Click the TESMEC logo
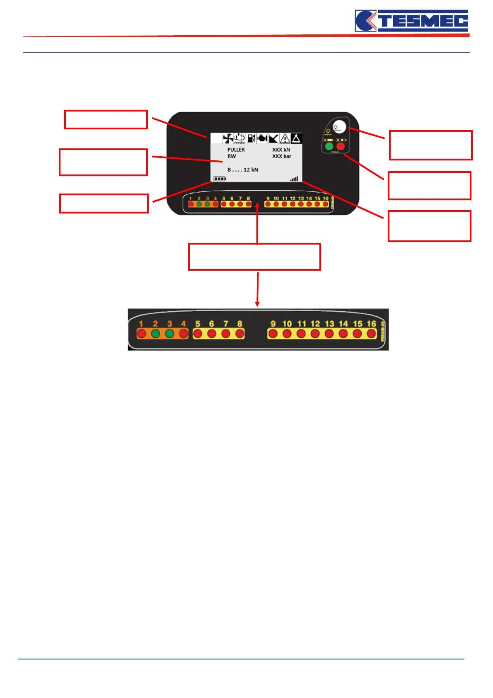tap(411, 21)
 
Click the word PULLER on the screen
tap(236, 150)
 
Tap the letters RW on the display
tap(232, 156)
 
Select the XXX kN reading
tap(281, 150)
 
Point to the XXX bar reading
tap(282, 156)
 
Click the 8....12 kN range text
tap(243, 170)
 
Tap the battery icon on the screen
tap(220, 179)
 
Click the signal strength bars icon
tap(294, 179)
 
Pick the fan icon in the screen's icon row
tap(228, 138)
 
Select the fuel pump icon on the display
tap(251, 138)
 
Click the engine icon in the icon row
tap(262, 138)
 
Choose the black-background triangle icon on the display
tap(296, 138)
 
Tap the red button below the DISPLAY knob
tap(341, 146)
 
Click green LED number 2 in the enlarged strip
tap(155, 334)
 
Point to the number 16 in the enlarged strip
tap(371, 324)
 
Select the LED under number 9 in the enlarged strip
tap(273, 334)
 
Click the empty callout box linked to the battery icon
tap(104, 204)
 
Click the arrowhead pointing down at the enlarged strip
tap(257, 304)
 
